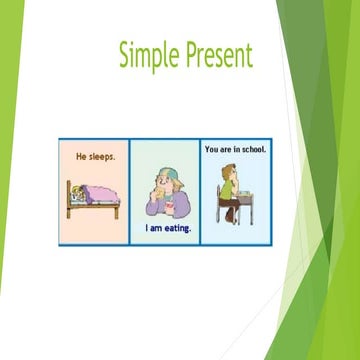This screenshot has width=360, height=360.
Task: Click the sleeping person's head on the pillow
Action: click(75, 190)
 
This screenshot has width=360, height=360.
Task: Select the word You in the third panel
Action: click(211, 149)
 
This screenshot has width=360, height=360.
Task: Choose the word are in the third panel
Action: click(227, 149)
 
